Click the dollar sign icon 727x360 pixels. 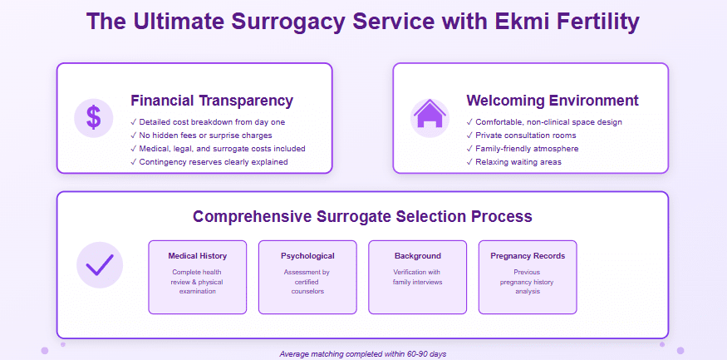pos(94,118)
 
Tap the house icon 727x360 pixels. pos(430,117)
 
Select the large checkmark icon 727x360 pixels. pos(100,264)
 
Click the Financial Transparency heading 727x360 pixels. pos(212,101)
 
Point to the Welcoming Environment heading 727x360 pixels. pos(553,101)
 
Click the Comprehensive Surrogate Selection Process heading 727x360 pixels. pos(362,216)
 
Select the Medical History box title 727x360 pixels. pos(197,256)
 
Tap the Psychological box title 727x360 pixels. pos(307,256)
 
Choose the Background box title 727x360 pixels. pos(418,256)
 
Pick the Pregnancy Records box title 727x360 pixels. pos(528,256)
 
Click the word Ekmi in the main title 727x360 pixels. pos(493,22)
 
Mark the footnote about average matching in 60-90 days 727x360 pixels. pos(363,353)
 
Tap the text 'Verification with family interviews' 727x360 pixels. pos(418,277)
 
